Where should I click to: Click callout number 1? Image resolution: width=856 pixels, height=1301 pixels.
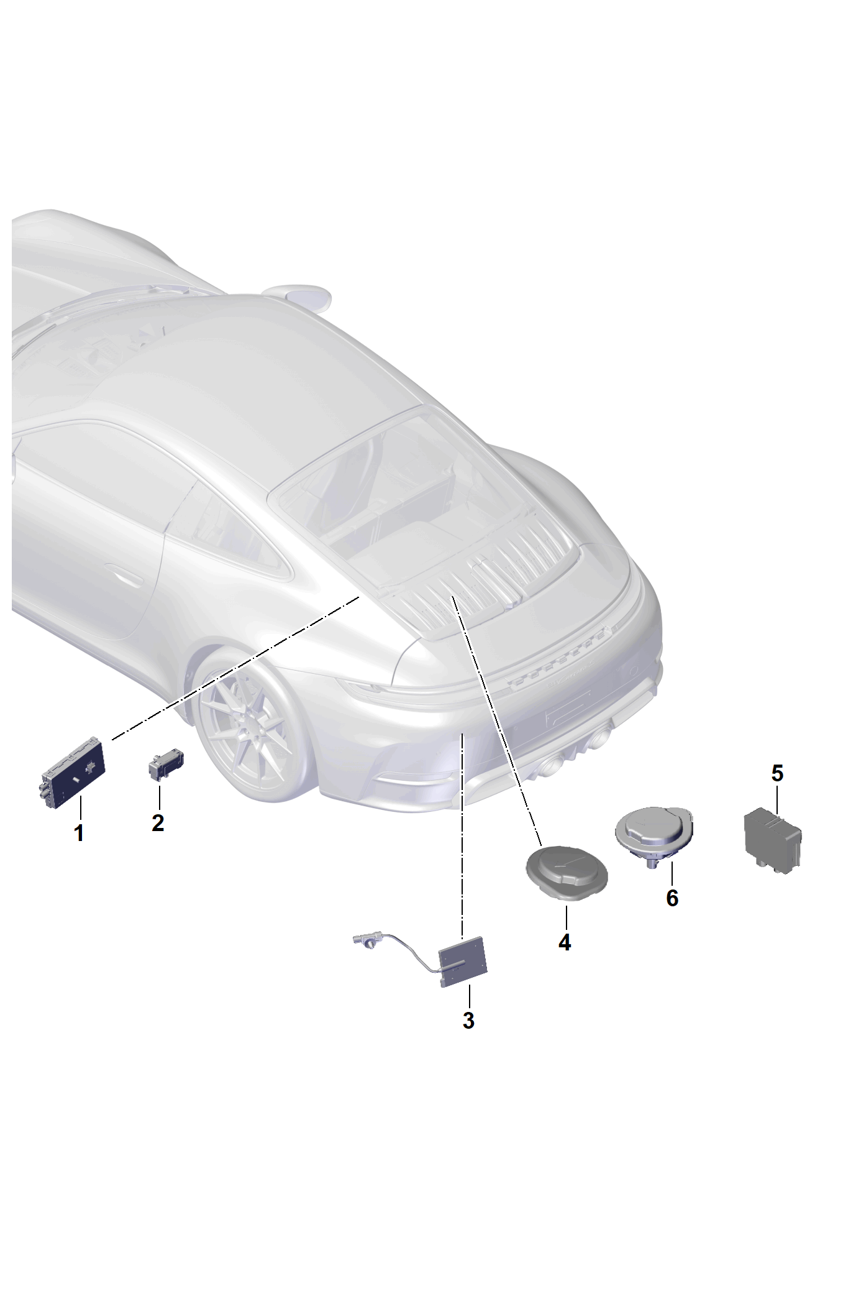tap(79, 834)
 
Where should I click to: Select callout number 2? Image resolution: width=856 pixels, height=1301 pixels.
tap(158, 823)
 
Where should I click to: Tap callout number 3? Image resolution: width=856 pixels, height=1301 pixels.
tap(468, 1020)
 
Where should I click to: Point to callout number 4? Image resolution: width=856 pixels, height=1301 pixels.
tap(564, 942)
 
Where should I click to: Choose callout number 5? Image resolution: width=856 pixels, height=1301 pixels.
tap(777, 773)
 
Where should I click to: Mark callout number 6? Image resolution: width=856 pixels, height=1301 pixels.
tap(672, 898)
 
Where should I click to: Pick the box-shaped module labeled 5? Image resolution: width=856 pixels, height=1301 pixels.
tap(773, 837)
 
